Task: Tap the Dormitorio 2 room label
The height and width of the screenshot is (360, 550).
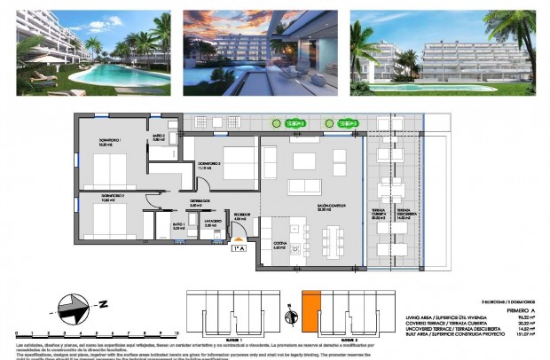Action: [209, 164]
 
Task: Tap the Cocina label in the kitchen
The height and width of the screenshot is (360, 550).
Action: [279, 247]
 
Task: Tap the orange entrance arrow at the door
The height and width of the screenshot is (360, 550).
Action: [239, 239]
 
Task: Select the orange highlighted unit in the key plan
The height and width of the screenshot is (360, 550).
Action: [310, 311]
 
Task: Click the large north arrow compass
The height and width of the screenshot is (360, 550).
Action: [75, 310]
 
